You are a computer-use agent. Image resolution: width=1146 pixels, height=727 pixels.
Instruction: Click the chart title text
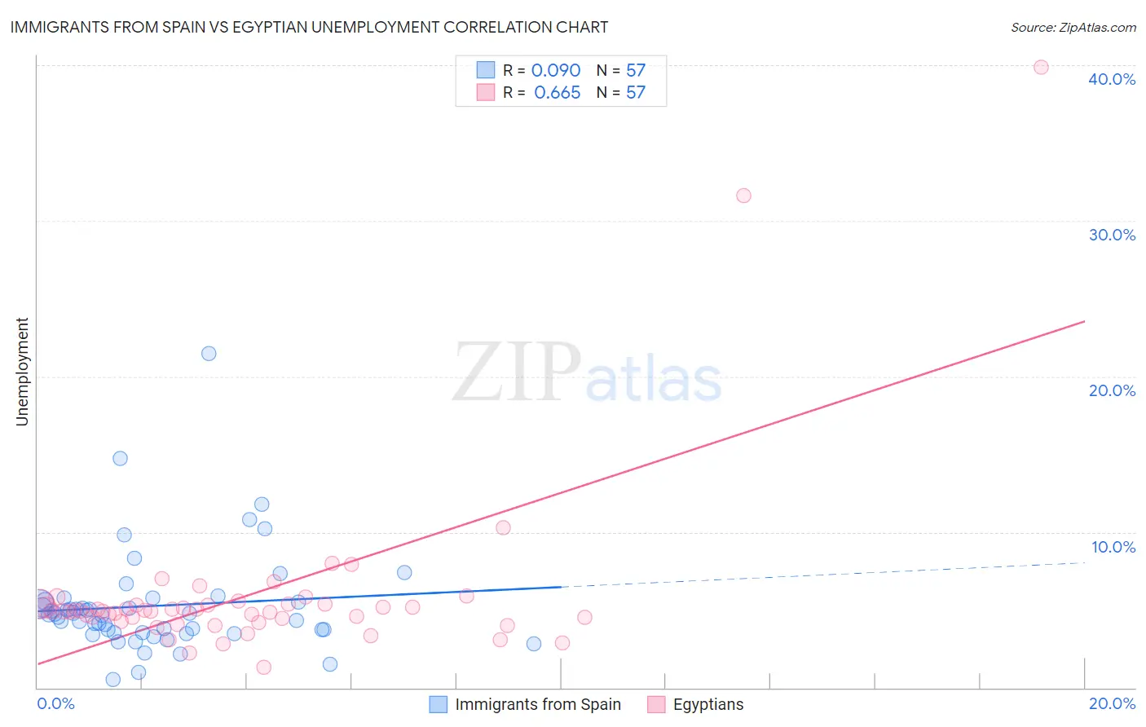pos(309,27)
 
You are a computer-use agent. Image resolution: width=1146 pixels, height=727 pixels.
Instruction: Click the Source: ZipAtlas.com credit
pos(1073,27)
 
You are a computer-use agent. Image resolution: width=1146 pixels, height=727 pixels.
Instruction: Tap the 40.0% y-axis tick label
pos(1112,79)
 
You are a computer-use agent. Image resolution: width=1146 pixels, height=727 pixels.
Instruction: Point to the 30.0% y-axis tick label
pos(1112,235)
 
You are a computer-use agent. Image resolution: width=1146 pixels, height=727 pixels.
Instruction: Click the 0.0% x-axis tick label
pos(55,703)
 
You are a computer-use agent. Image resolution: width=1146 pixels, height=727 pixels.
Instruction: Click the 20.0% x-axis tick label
pos(1112,703)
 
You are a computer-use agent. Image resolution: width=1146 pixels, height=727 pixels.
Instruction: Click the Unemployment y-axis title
pos(22,372)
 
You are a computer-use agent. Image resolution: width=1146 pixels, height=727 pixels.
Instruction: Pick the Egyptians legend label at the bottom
pos(707,704)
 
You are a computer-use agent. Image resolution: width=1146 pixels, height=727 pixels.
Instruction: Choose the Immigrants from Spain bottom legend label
pos(537,704)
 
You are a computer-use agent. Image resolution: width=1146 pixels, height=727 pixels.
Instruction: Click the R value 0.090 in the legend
pos(556,71)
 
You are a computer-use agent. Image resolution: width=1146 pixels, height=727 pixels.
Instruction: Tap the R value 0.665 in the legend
pos(557,93)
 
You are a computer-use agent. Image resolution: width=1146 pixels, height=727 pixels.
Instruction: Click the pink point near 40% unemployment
pos(1041,67)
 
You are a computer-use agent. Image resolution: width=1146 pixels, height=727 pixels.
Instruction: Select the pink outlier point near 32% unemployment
pos(743,196)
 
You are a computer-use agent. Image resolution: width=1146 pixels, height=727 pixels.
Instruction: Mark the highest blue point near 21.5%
pos(209,354)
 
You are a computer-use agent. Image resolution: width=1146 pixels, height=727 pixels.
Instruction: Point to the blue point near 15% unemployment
pos(120,458)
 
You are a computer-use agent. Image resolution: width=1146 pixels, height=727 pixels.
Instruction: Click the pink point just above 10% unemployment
pos(503,527)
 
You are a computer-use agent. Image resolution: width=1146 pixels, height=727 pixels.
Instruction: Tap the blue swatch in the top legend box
pos(486,70)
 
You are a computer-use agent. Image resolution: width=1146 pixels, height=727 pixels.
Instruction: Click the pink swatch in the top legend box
pos(486,92)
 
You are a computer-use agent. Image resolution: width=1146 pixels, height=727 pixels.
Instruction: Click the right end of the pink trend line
pos(1084,321)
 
